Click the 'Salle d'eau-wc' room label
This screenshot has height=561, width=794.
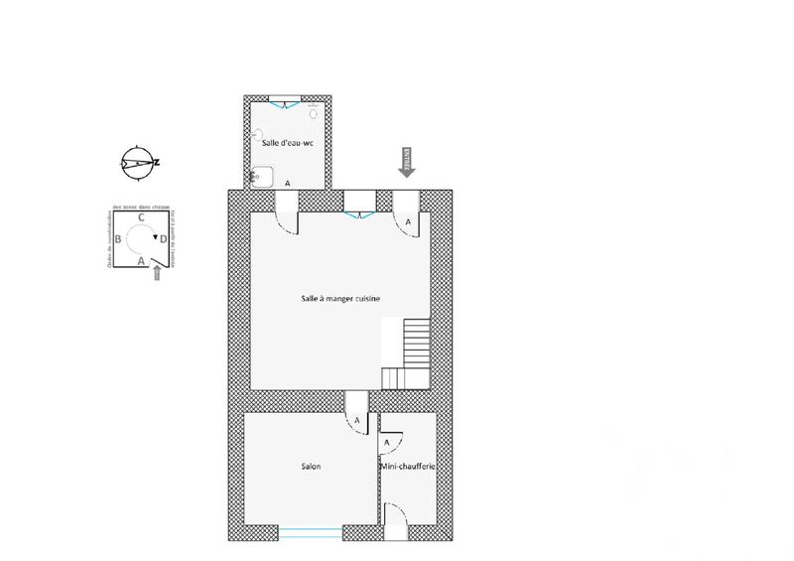(287, 144)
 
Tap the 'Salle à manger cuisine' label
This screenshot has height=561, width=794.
(340, 298)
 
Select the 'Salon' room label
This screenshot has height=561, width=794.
(311, 466)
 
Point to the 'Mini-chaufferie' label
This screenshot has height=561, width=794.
(408, 466)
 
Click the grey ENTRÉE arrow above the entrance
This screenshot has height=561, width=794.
(406, 161)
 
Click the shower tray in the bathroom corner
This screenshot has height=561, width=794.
(262, 177)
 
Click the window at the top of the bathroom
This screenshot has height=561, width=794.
(286, 100)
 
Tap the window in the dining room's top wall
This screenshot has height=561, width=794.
(357, 210)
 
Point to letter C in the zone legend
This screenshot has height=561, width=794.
(142, 217)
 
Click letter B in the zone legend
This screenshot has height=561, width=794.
(118, 240)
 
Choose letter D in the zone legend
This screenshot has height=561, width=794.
(164, 240)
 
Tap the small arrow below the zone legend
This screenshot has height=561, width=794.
(157, 274)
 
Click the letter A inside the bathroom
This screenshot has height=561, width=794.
(288, 184)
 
